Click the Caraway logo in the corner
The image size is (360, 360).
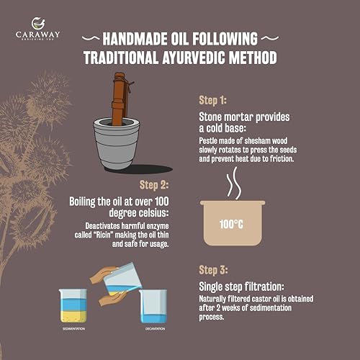point(40,30)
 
